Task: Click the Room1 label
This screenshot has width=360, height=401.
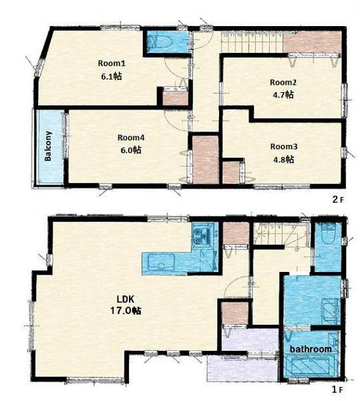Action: coord(112,63)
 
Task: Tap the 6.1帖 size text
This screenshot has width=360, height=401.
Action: coord(112,76)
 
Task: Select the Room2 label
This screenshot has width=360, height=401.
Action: coord(283,82)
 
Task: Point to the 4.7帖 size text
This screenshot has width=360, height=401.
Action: coord(283,95)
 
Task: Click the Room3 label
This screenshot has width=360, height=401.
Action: coord(284,146)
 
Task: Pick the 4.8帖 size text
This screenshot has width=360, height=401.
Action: coord(284,160)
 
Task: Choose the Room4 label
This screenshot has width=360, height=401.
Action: coord(131,138)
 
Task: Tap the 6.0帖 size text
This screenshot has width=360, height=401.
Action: coord(131,150)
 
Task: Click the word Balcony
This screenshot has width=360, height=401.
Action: coord(48,146)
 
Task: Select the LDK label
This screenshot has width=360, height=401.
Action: coord(125,299)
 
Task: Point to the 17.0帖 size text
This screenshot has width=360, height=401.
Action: coord(125,311)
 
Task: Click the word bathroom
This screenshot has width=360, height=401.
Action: coord(311,349)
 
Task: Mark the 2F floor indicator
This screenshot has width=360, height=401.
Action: coord(338,199)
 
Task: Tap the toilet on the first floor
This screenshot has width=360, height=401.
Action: coord(328,234)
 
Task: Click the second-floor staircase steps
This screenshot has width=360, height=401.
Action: coord(252,43)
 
